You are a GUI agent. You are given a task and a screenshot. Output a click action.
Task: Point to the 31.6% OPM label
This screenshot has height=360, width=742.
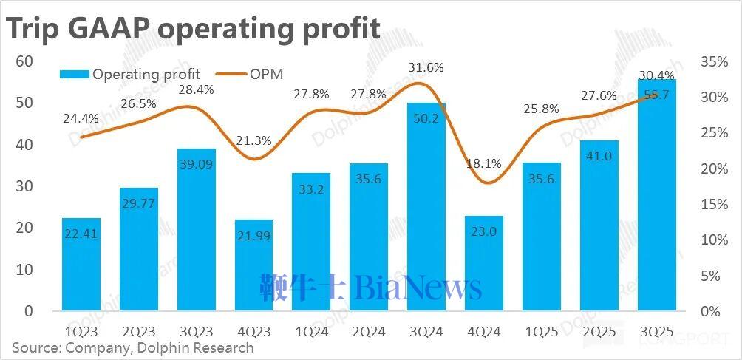426,68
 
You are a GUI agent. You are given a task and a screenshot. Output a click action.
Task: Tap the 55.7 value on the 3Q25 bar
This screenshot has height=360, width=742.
657,94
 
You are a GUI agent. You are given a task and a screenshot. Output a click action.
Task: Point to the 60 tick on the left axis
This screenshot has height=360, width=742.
24,61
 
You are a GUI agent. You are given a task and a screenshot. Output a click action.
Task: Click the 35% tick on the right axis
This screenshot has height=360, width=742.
715,61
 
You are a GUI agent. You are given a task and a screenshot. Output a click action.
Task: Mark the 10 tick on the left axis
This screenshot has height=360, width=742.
24,270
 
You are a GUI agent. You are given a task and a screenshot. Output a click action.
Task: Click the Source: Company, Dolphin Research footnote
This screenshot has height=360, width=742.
132,347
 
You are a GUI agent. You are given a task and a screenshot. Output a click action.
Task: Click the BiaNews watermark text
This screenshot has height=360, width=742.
418,288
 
